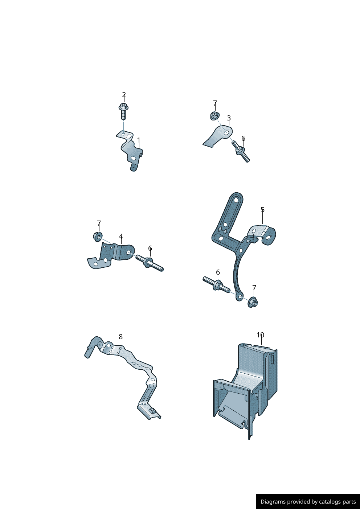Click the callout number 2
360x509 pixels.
(124, 95)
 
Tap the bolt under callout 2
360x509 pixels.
(124, 112)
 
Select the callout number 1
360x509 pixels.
(139, 140)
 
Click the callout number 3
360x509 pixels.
(229, 118)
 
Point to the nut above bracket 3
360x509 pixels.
(214, 116)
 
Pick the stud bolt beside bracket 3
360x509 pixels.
(241, 152)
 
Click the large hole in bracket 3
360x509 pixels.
(227, 133)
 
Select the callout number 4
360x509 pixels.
(121, 236)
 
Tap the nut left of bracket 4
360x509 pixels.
(98, 237)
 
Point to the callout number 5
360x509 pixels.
(262, 210)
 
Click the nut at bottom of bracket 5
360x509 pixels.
(253, 302)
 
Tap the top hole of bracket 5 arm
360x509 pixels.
(236, 200)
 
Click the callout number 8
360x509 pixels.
(121, 337)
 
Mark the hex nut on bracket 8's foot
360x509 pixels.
(153, 410)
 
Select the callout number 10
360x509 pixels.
(261, 335)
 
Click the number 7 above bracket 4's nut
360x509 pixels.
(99, 223)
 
